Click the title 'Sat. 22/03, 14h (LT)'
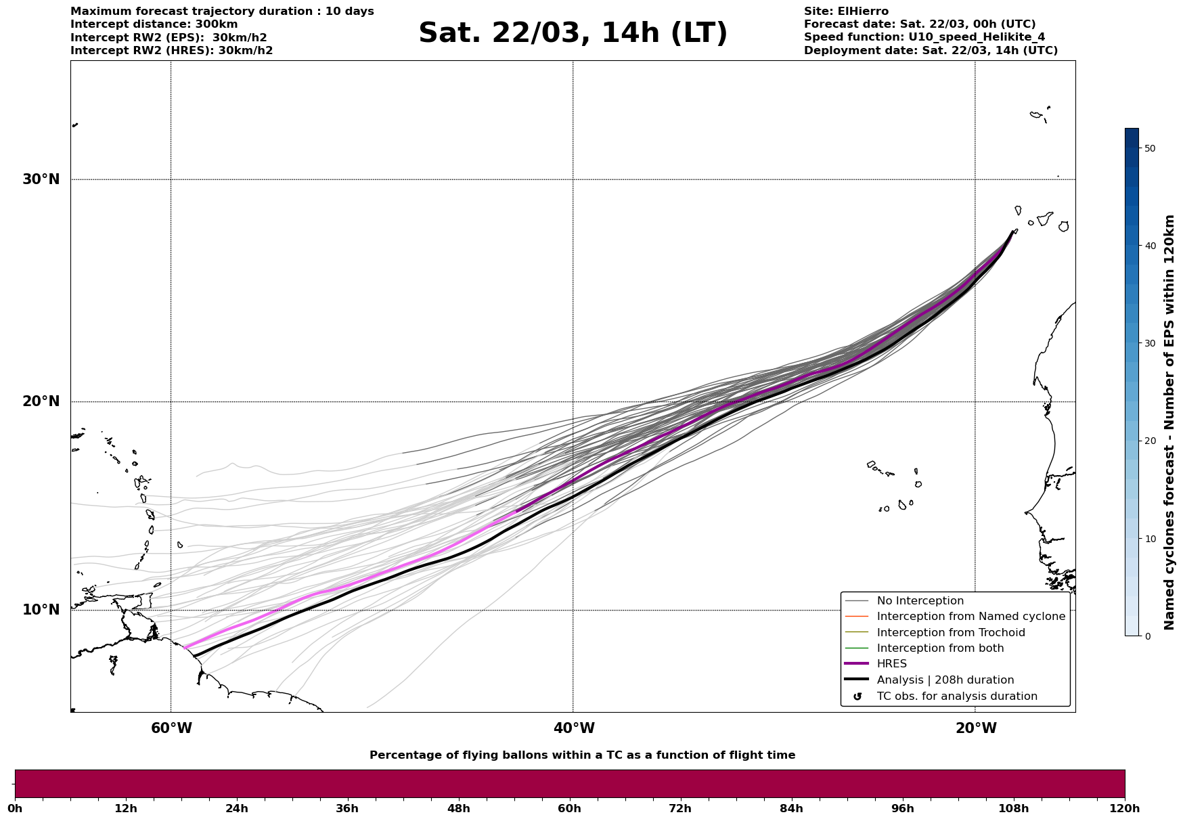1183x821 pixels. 573,33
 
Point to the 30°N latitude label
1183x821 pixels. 41,179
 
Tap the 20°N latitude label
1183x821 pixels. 41,401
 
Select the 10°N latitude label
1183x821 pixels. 41,610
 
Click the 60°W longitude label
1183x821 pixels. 171,728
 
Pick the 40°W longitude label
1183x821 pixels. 573,728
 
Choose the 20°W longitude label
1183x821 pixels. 975,728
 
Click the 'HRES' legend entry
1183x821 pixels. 891,664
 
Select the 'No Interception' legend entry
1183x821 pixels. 920,601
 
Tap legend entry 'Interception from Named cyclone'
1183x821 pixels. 970,617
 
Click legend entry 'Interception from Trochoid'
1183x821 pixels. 950,633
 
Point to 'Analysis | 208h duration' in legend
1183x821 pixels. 945,680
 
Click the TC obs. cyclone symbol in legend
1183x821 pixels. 857,696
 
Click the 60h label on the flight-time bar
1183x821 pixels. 569,808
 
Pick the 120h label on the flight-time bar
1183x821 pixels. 1125,808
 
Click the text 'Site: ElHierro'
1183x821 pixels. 846,12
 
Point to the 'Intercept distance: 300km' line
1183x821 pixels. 154,24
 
